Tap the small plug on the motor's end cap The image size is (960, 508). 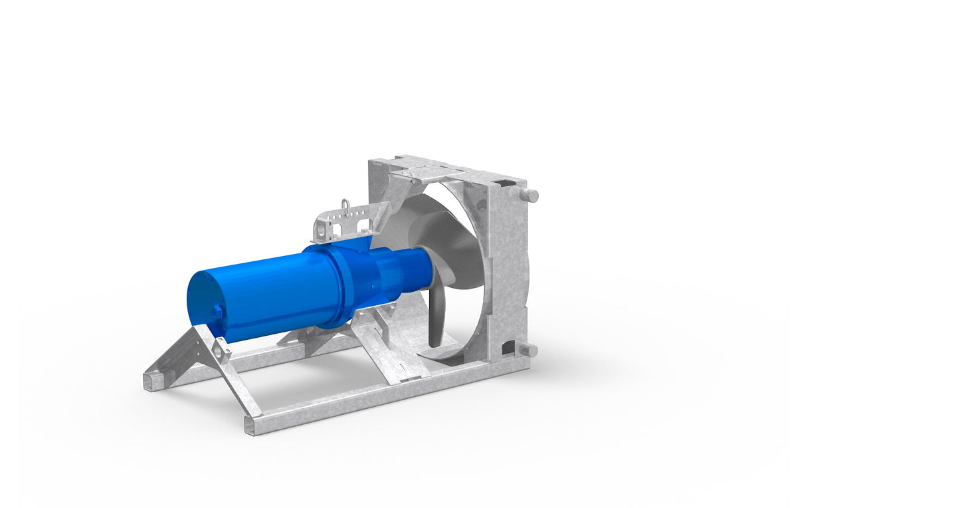pyautogui.click(x=217, y=313)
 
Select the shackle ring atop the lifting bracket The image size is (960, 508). pyautogui.click(x=344, y=205)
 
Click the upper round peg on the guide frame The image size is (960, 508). pyautogui.click(x=530, y=195)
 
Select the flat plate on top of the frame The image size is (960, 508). pyautogui.click(x=432, y=169)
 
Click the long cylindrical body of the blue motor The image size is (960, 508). pyautogui.click(x=266, y=293)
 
